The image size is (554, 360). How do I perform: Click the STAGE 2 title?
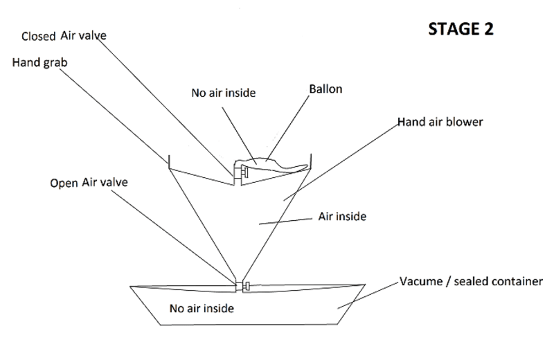(461, 30)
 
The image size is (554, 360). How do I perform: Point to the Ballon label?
(325, 90)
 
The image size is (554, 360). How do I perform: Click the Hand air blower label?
(440, 122)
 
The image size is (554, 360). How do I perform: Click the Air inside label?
(341, 217)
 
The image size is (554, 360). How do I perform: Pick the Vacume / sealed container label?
(471, 282)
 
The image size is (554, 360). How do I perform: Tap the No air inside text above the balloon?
(224, 93)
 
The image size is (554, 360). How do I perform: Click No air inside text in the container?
(202, 308)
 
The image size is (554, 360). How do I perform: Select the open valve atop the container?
(240, 286)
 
